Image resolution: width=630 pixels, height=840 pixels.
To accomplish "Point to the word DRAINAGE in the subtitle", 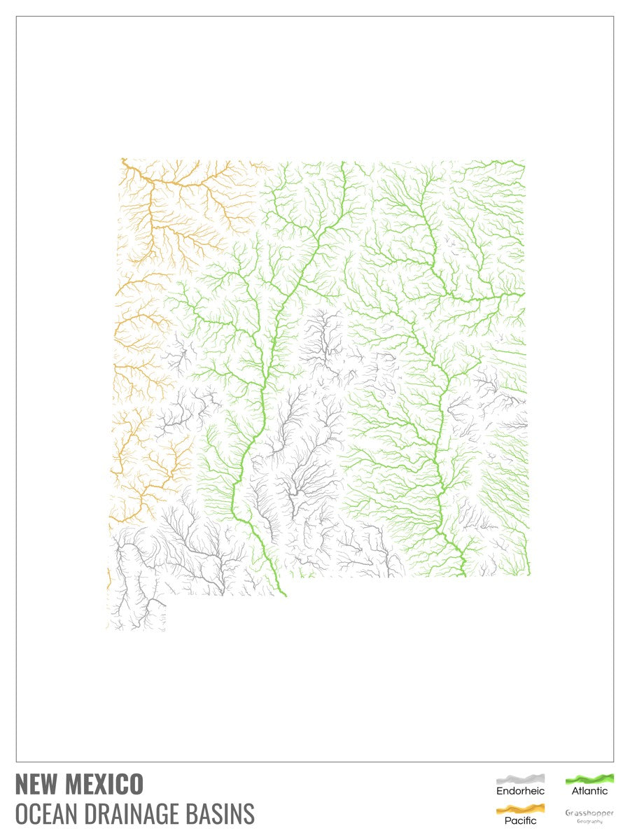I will pos(130,814).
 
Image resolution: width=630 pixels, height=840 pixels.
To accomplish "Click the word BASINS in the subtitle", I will pos(221,814).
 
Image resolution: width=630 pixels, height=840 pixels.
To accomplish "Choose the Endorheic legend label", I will pos(520,791).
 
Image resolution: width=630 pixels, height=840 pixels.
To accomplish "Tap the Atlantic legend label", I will pos(589,791).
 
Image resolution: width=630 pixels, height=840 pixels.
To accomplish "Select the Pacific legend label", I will pos(520,820).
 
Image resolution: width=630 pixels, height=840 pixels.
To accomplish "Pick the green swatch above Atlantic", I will pos(589,778).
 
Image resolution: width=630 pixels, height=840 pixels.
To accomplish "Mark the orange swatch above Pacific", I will pos(520,808).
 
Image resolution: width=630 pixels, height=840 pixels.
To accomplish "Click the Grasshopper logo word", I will pos(589,813).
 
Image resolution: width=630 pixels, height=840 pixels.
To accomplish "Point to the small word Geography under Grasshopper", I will pos(589,821).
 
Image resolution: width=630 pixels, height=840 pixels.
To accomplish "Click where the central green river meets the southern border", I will pos(286,596).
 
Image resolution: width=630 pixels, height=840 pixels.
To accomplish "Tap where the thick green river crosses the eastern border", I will pos(522,294).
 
